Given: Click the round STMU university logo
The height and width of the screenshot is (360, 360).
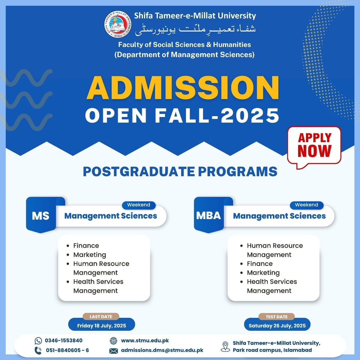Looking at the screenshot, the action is pos(118,24).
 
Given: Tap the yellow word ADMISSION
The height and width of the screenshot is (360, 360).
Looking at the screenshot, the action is pos(183,88).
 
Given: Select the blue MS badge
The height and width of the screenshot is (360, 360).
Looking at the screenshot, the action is pos(41,215).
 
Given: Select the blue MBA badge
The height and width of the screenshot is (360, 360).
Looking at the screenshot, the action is pos(209,215).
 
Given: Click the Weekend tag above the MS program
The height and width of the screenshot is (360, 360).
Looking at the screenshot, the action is pos(139,205).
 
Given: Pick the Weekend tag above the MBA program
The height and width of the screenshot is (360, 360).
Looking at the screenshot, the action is pos(306,205).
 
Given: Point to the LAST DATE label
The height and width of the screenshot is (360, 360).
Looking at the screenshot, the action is pos(101,316).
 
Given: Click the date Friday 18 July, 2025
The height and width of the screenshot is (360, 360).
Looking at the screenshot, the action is pos(102,326).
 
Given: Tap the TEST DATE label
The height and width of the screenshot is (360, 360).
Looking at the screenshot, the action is pos(277,317).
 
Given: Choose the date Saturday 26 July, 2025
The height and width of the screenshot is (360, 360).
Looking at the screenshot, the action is pos(277,326).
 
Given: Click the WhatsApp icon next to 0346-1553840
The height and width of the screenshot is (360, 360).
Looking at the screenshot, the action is pos(38,341).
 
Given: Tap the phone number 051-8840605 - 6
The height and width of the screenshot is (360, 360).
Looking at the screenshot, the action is pos(67,350).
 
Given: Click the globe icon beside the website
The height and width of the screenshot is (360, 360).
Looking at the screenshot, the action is pos(113,341).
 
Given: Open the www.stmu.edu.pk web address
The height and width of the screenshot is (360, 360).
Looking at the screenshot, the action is pos(145,340).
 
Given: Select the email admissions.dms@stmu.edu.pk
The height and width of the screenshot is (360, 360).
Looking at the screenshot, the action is pos(162,350).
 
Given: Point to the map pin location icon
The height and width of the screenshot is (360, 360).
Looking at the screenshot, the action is pos(225,346).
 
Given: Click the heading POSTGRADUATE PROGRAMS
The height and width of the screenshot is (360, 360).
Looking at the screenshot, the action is pos(180,171).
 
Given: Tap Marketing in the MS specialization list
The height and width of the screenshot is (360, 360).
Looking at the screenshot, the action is pos(90,255).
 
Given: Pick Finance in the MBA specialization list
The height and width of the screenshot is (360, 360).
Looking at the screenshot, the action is pos(260,264).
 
